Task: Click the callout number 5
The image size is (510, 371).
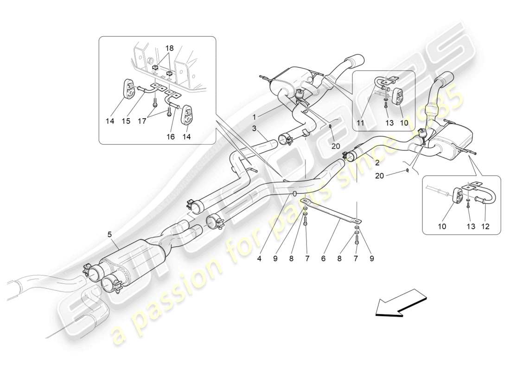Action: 110,235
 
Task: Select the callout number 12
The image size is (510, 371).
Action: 485,227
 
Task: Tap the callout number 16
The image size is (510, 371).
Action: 171,137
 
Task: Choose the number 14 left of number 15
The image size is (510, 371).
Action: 109,121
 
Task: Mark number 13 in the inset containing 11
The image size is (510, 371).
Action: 389,123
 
